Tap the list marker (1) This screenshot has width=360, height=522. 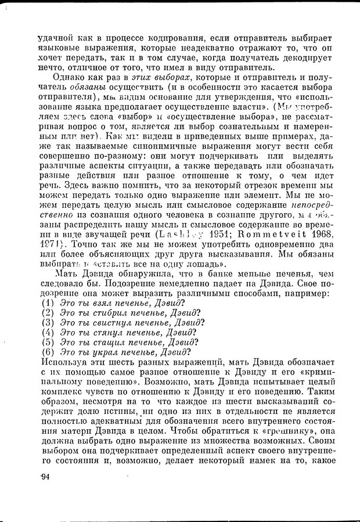coord(48,303)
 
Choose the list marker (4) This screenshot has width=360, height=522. coord(48,333)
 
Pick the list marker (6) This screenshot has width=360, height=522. coord(48,352)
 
